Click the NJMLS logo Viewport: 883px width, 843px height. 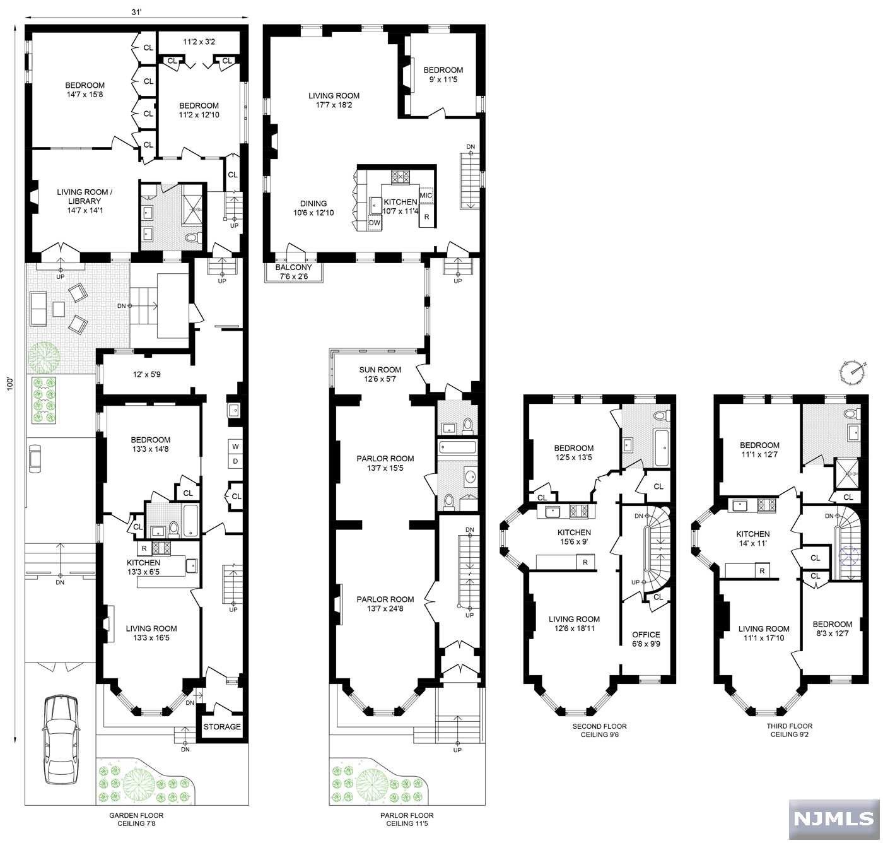(x=833, y=819)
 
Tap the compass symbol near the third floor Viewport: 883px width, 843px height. (x=852, y=372)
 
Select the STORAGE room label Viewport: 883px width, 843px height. (x=222, y=726)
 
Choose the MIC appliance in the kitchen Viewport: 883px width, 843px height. (x=426, y=196)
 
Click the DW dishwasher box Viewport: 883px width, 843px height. (x=374, y=223)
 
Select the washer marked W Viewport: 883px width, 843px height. (x=235, y=447)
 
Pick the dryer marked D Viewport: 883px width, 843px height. (x=235, y=461)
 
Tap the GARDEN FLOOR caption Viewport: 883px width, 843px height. (x=136, y=815)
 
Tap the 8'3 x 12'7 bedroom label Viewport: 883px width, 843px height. (x=832, y=628)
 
